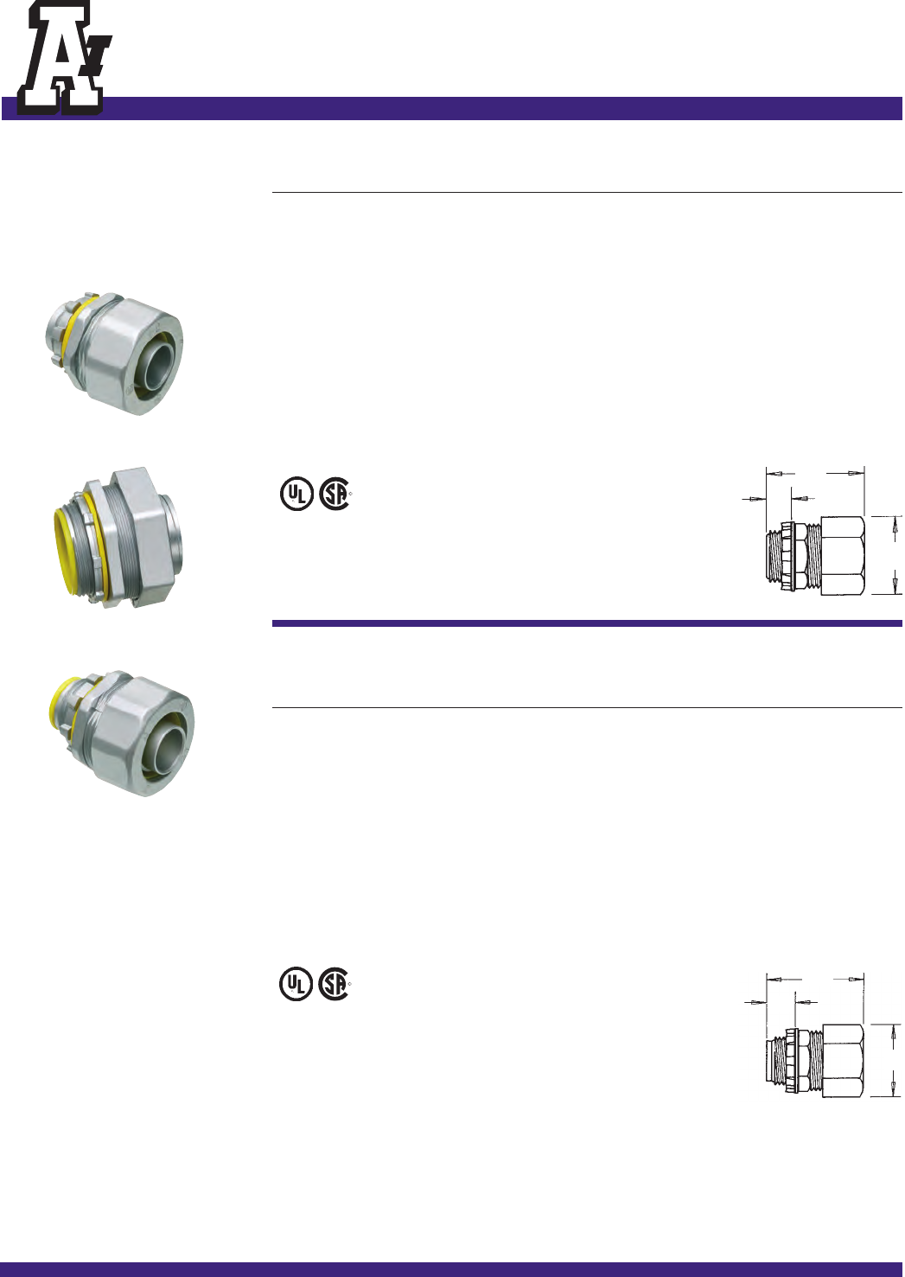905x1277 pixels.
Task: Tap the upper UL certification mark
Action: pyautogui.click(x=296, y=494)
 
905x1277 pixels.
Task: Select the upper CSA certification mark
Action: pyautogui.click(x=335, y=494)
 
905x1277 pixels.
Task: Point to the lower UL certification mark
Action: pyautogui.click(x=296, y=984)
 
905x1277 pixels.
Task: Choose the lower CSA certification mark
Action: pyautogui.click(x=335, y=984)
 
